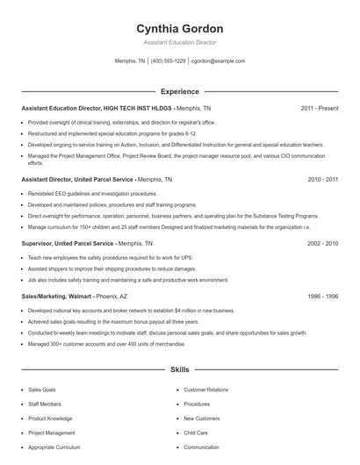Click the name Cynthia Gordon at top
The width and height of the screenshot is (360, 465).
[180, 28]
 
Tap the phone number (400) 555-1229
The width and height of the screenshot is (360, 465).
[169, 61]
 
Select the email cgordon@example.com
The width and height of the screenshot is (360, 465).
[218, 61]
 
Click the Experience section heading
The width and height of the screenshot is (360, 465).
[180, 91]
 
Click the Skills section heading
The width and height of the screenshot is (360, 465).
[180, 370]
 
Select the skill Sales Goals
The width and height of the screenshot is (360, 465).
[43, 390]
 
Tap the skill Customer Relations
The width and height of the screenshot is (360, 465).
[205, 390]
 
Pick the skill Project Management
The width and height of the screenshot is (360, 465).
[52, 433]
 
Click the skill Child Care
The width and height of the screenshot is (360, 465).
[196, 433]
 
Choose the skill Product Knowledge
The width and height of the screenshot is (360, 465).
[50, 418]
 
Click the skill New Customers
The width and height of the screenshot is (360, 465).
[202, 418]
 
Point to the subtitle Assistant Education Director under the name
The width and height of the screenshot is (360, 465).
[180, 42]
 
